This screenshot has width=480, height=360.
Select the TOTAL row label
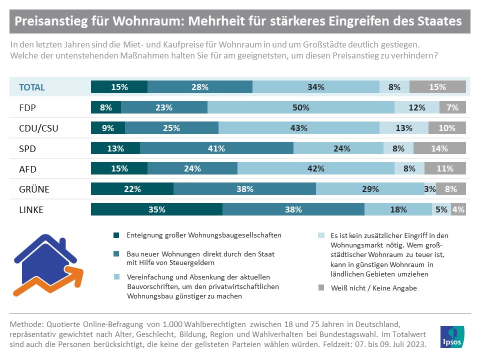click(31, 87)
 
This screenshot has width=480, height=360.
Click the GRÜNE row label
click(31, 189)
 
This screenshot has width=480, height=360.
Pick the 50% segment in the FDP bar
click(301, 107)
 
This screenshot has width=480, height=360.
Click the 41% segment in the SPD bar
click(216, 148)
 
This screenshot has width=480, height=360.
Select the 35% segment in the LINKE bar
click(156, 209)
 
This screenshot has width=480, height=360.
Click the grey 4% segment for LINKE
click(458, 209)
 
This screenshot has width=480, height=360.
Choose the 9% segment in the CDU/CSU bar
click(107, 128)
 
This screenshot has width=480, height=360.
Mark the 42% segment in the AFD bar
click(315, 168)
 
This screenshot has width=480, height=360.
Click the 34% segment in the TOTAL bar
click(316, 87)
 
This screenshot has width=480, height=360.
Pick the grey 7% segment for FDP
click(452, 107)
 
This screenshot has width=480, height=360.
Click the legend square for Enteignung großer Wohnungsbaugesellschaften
click(116, 235)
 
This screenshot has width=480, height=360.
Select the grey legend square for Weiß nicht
click(321, 288)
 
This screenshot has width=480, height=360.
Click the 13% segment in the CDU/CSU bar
click(403, 128)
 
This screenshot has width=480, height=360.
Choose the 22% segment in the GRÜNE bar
click(132, 189)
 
